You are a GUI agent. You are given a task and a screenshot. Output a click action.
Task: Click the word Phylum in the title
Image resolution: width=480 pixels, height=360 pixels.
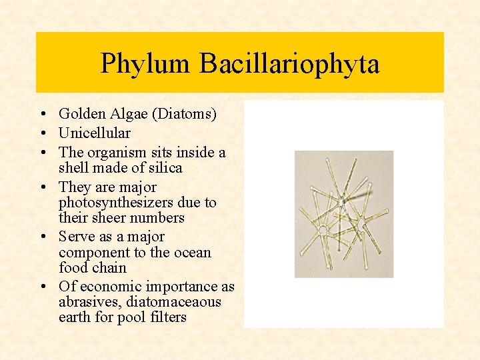[x=146, y=64]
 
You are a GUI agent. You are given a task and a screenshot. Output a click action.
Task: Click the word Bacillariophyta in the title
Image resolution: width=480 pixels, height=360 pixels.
[x=289, y=64]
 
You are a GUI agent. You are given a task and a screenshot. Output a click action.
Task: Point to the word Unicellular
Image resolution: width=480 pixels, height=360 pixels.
[x=95, y=133]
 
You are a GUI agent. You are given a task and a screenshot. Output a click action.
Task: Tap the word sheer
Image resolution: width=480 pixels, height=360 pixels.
[x=110, y=218]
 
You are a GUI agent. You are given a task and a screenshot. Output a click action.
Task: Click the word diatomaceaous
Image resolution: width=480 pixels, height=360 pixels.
[x=173, y=302]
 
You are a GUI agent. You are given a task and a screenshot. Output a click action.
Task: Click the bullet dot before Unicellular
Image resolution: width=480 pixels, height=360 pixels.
[x=42, y=133]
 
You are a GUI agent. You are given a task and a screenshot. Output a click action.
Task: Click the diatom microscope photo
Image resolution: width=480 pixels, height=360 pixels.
[x=344, y=214]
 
